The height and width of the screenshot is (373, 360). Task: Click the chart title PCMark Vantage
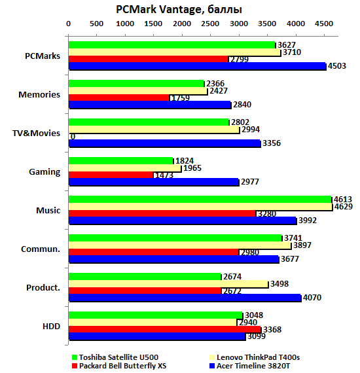click(x=179, y=9)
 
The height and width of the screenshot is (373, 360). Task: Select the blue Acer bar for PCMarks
click(x=197, y=66)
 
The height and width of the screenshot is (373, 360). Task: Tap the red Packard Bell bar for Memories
click(x=118, y=98)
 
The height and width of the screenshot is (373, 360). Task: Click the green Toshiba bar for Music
click(x=200, y=199)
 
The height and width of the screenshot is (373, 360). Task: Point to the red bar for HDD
click(x=164, y=329)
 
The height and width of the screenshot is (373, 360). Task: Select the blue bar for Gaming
click(x=153, y=182)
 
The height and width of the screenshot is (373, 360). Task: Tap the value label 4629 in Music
click(x=344, y=207)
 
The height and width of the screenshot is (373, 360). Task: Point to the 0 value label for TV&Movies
click(x=72, y=136)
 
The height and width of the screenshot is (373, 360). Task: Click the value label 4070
click(x=313, y=298)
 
